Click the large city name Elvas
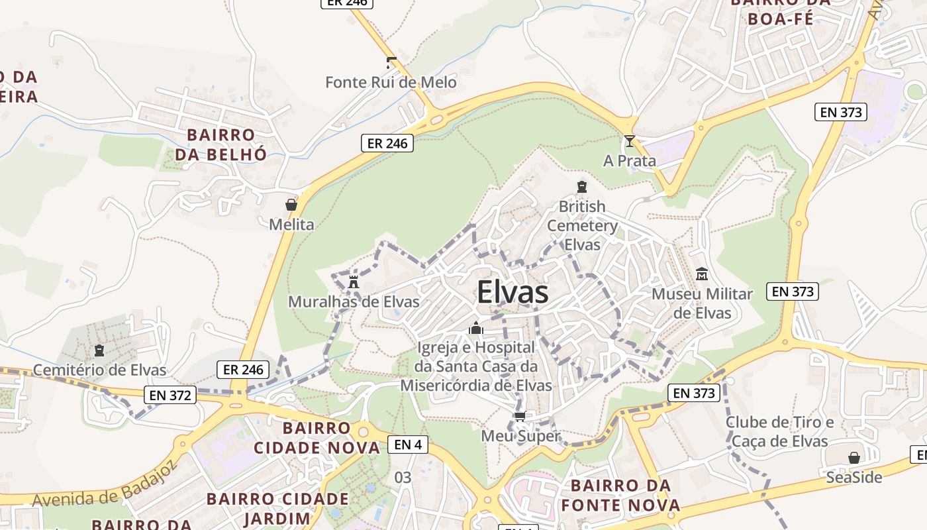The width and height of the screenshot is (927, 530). pos(512,292)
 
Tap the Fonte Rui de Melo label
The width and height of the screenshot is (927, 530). pos(391,82)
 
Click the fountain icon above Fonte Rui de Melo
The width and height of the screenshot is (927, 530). pos(391,63)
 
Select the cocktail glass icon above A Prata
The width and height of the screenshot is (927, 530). pos(629,141)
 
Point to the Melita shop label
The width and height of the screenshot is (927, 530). pos(291,225)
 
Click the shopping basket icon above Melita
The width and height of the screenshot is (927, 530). pos(291,205)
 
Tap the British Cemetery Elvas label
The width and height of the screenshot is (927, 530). pos(582,225)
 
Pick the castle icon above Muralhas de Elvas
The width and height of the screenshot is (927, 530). pos(354,282)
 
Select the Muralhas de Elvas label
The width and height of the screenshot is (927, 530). pos(354,302)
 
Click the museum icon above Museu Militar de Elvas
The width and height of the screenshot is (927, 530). pos(702,274)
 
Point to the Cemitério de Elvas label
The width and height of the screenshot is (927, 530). pos(99,370)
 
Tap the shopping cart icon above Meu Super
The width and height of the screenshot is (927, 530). pos(520,417)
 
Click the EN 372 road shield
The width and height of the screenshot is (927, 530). pos(171,396)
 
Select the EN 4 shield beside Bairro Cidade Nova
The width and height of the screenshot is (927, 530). pos(407,445)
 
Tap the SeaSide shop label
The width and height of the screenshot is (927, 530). pos(854,477)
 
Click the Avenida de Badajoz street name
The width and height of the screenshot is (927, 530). pos(105,483)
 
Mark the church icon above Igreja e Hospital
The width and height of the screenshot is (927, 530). pos(475,328)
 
